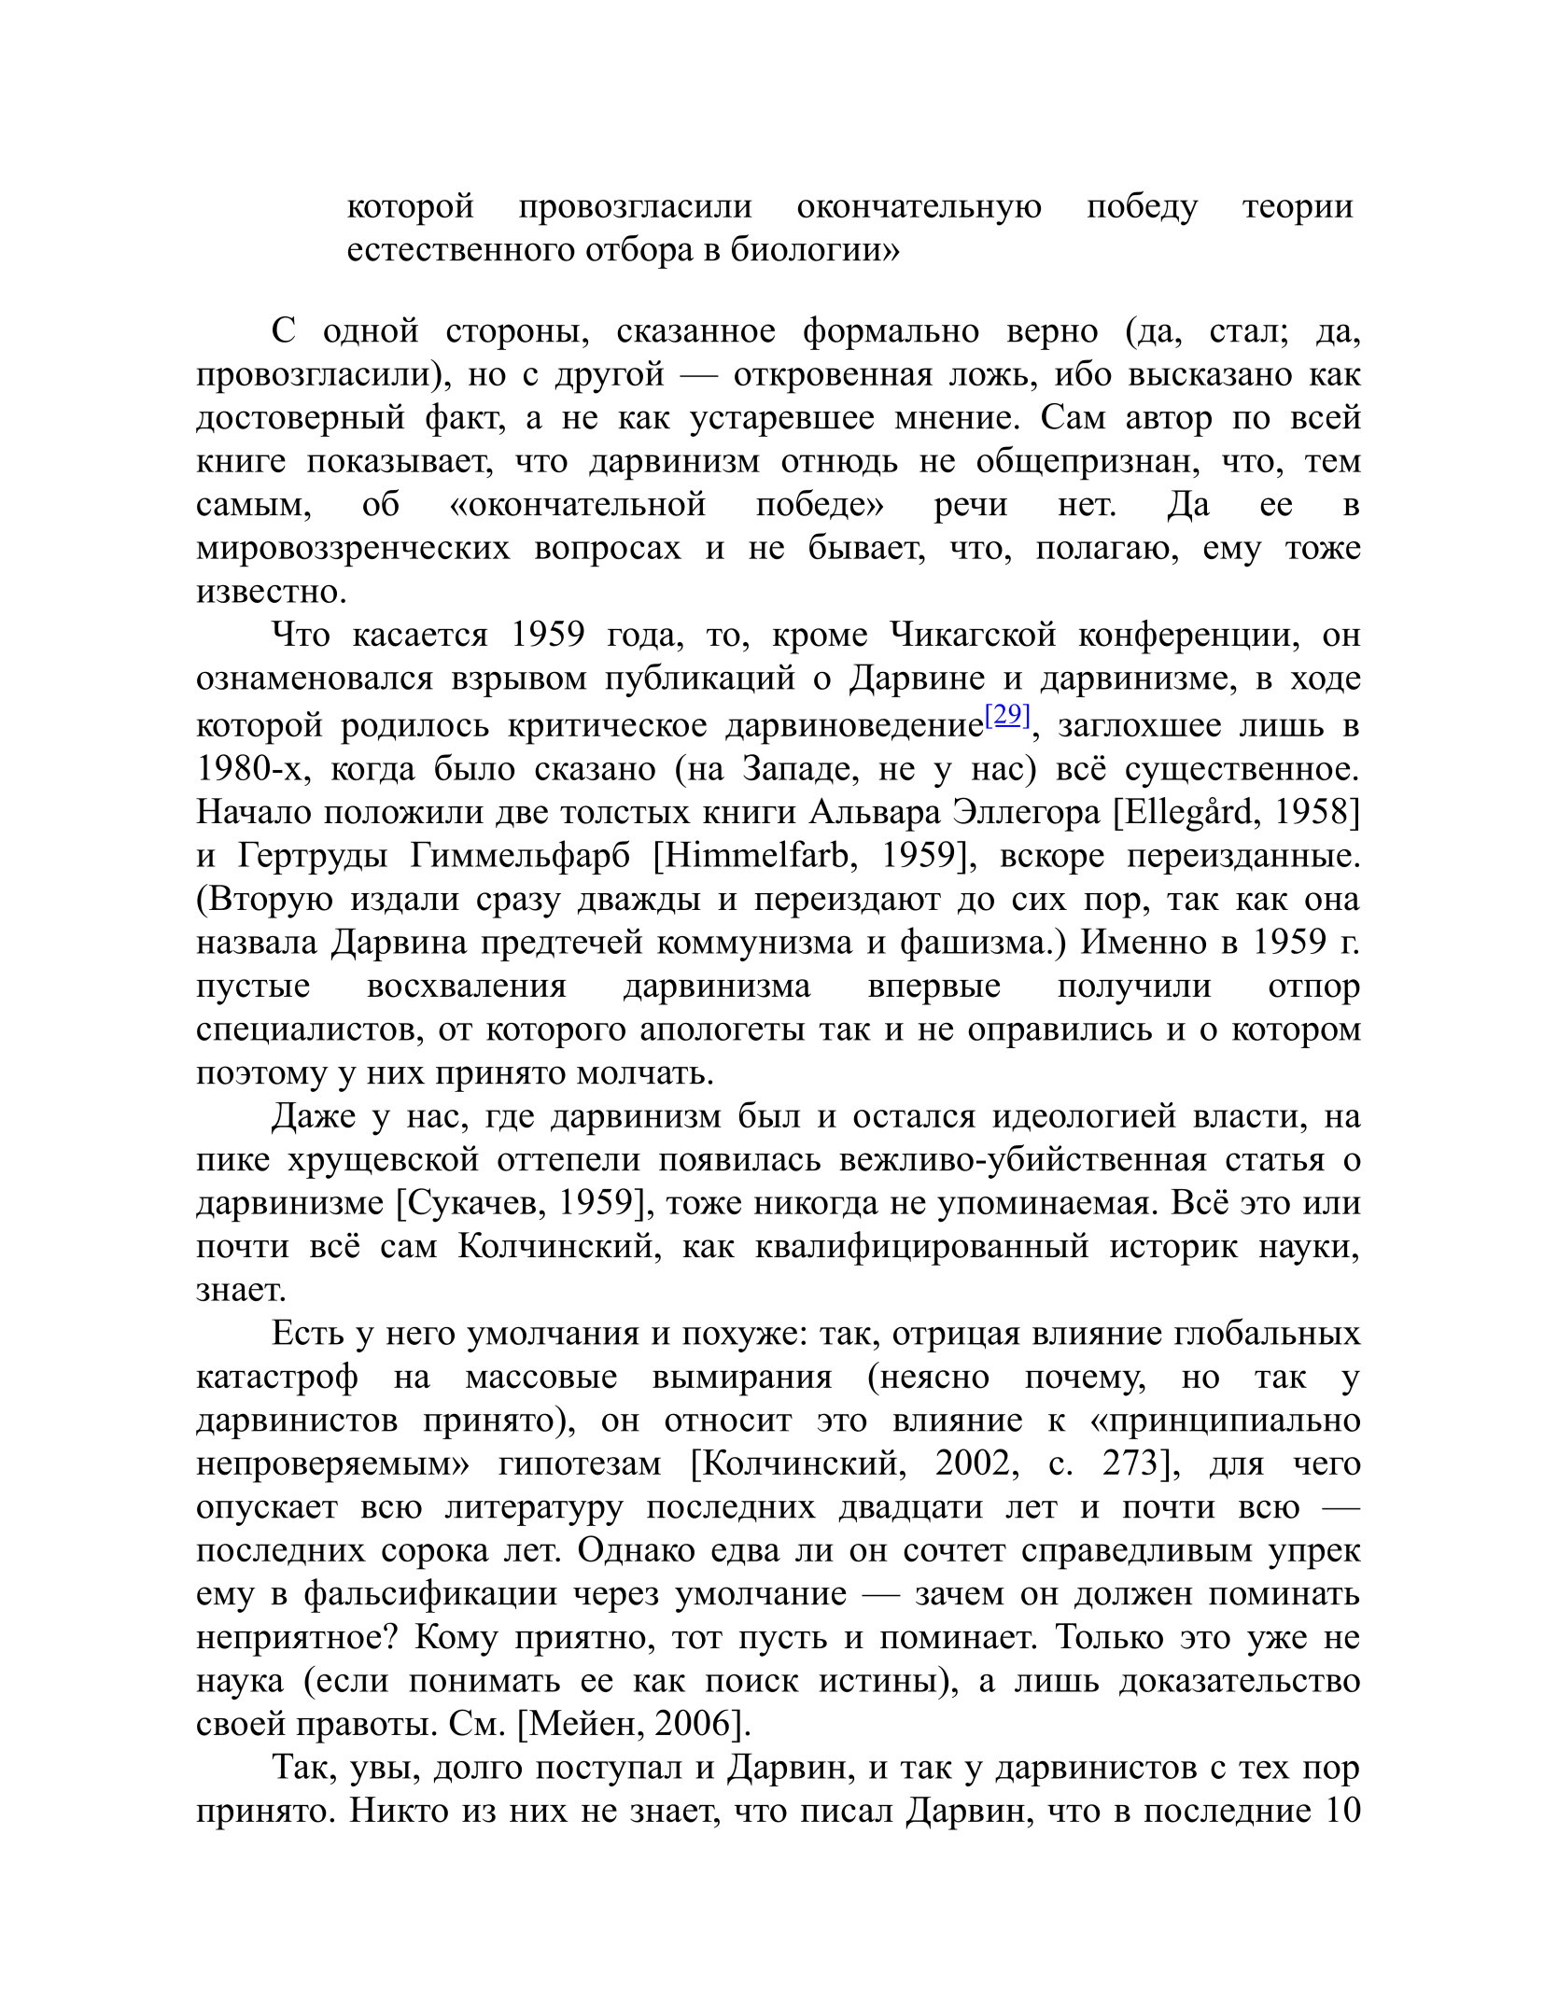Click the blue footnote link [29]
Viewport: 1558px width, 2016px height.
pyautogui.click(x=1007, y=715)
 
